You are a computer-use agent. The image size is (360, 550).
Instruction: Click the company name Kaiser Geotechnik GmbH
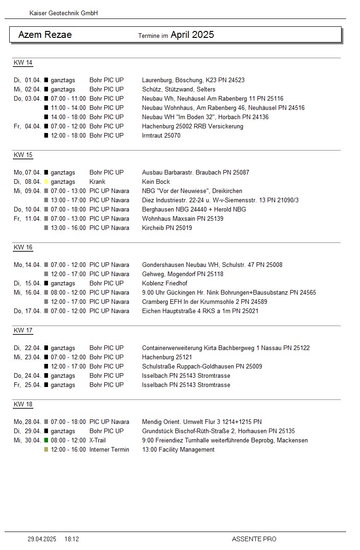(x=64, y=13)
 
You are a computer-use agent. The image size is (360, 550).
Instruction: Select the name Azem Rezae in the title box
(x=45, y=35)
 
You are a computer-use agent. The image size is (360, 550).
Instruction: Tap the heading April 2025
(x=192, y=35)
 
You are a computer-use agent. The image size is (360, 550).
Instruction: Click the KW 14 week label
(x=23, y=63)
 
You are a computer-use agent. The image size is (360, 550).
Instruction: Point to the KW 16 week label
(x=23, y=248)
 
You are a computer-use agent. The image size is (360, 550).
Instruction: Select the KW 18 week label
(x=23, y=405)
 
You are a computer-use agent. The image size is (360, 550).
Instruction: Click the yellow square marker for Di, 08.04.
(x=46, y=182)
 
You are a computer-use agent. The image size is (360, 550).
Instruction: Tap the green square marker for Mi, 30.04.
(x=46, y=441)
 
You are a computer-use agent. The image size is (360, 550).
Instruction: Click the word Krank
(x=97, y=182)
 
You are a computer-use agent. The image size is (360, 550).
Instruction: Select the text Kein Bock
(x=156, y=182)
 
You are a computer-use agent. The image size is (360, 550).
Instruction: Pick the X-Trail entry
(x=97, y=441)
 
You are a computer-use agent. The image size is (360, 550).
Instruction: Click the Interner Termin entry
(x=109, y=450)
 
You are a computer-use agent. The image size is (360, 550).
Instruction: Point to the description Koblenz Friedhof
(x=165, y=284)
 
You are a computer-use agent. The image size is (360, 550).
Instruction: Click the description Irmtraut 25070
(x=161, y=136)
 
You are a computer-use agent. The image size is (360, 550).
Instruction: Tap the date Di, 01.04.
(x=28, y=80)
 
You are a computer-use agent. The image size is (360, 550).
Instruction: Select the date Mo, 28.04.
(x=28, y=422)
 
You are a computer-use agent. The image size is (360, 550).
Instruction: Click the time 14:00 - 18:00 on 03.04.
(x=68, y=117)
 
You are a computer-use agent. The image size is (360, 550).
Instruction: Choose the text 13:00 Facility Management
(x=178, y=450)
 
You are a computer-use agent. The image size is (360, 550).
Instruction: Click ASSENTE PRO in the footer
(x=254, y=539)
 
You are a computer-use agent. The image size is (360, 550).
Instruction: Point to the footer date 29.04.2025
(x=42, y=539)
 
